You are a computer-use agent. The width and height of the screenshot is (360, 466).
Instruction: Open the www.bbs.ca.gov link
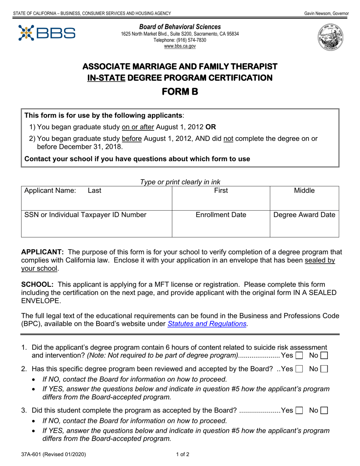pos(180,46)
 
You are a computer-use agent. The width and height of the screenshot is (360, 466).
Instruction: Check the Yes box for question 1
pos(299,355)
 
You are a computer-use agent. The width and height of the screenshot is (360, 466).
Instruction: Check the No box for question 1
pos(324,355)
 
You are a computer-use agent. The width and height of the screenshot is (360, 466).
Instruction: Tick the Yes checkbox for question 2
pos(299,369)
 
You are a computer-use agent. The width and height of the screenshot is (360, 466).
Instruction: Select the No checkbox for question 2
pos(324,369)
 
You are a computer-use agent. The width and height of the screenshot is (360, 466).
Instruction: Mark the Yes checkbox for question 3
pos(299,410)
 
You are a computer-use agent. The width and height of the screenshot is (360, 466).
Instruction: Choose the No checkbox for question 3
pos(324,410)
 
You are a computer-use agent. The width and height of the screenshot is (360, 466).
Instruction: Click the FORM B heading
pos(180,92)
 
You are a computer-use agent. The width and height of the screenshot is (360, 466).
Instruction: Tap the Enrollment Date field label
pos(221,215)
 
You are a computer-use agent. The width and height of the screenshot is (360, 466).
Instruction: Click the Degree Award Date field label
pos(304,215)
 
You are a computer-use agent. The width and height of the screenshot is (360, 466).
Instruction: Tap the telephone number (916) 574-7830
pos(180,40)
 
